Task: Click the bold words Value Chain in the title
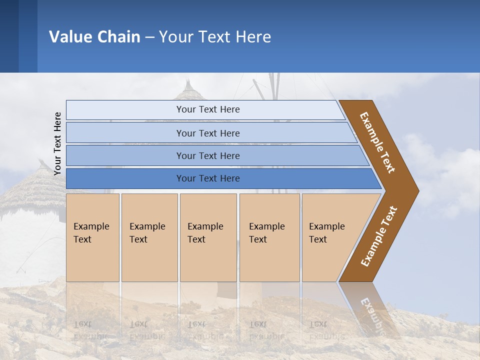click(94, 37)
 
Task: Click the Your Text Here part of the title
click(215, 37)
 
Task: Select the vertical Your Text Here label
click(57, 143)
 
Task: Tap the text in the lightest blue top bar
click(208, 109)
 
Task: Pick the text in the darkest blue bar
click(208, 178)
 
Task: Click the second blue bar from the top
click(208, 133)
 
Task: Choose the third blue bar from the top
click(208, 155)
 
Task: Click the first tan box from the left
click(92, 237)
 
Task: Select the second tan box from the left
click(149, 237)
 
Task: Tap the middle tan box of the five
click(208, 237)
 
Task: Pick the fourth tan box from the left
click(269, 237)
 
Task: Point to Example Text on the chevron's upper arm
click(377, 142)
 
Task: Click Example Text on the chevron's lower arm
click(379, 236)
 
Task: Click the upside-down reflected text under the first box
click(91, 330)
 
